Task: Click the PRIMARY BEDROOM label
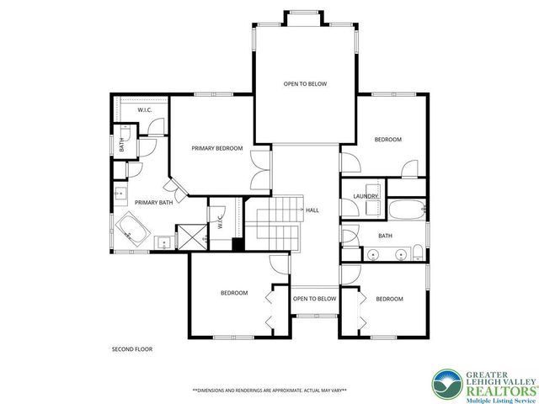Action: [216, 148]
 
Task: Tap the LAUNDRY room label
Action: [365, 196]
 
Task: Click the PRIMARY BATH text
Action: [153, 202]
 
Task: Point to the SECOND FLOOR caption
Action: [132, 348]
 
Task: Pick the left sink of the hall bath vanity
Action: [373, 252]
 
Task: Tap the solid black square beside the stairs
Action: [237, 245]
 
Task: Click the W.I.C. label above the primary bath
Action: [144, 109]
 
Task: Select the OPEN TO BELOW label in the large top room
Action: [304, 84]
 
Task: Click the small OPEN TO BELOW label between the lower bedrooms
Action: [314, 299]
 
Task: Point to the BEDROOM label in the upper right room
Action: [387, 139]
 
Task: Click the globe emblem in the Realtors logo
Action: [446, 385]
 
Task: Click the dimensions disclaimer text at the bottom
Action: [269, 391]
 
